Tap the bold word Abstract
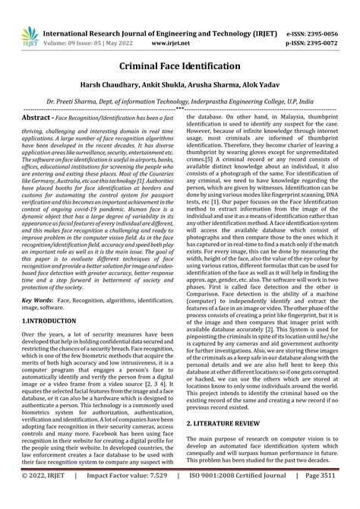pyautogui.click(x=37, y=118)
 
